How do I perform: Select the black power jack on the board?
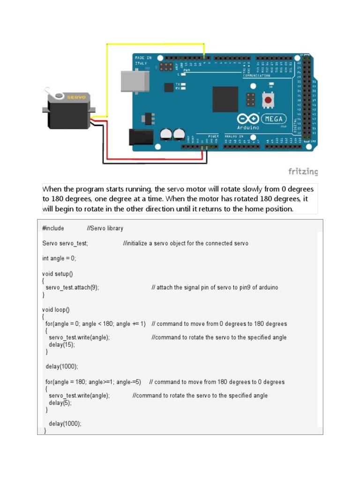click(x=141, y=136)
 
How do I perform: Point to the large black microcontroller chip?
click(x=225, y=99)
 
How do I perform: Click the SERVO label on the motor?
click(x=76, y=97)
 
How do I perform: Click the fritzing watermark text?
click(x=303, y=172)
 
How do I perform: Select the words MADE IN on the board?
click(x=143, y=57)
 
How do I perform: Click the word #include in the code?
click(x=53, y=228)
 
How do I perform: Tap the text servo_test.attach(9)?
click(x=72, y=287)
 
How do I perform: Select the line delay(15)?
click(x=62, y=345)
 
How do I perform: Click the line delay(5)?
click(x=60, y=403)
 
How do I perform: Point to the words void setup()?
click(x=58, y=273)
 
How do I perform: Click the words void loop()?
click(x=56, y=309)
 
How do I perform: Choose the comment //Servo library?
click(x=105, y=228)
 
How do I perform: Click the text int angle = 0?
click(x=59, y=258)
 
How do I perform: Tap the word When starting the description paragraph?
click(x=52, y=189)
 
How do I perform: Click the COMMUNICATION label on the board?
click(x=256, y=75)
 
